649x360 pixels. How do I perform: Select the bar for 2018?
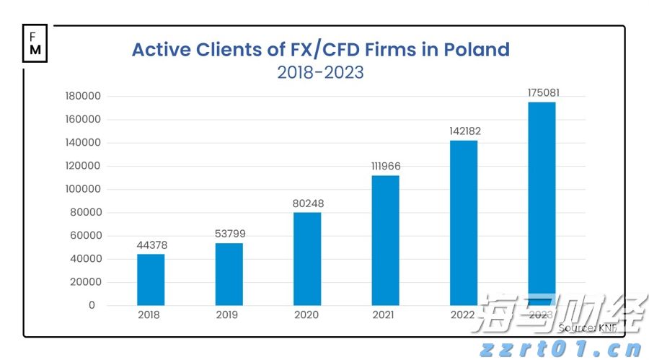pyautogui.click(x=151, y=279)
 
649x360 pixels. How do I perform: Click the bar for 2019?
pyautogui.click(x=229, y=274)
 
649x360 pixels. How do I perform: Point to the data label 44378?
pyautogui.click(x=151, y=245)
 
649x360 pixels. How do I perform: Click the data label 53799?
pyautogui.click(x=229, y=234)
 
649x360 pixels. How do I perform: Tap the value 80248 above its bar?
pyautogui.click(x=307, y=203)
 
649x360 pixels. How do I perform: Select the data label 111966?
pyautogui.click(x=385, y=167)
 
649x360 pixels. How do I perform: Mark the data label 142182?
pyautogui.click(x=464, y=131)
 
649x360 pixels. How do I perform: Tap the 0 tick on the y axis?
pyautogui.click(x=92, y=305)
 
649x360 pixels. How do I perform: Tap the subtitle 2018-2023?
pyautogui.click(x=320, y=73)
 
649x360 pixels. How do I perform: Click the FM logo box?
pyautogui.click(x=35, y=44)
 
